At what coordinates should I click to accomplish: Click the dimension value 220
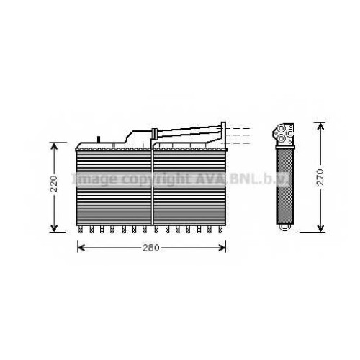[55, 184]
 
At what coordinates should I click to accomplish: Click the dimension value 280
[150, 248]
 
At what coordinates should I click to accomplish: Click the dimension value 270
[320, 177]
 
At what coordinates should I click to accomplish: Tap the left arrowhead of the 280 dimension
[81, 248]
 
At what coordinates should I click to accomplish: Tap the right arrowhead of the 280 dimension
[222, 248]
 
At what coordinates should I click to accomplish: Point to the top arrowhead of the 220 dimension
[55, 146]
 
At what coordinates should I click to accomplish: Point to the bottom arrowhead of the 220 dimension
[55, 228]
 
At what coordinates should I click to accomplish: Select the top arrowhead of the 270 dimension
[320, 126]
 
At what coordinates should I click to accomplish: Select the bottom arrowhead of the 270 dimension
[320, 228]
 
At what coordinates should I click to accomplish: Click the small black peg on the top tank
[99, 139]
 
